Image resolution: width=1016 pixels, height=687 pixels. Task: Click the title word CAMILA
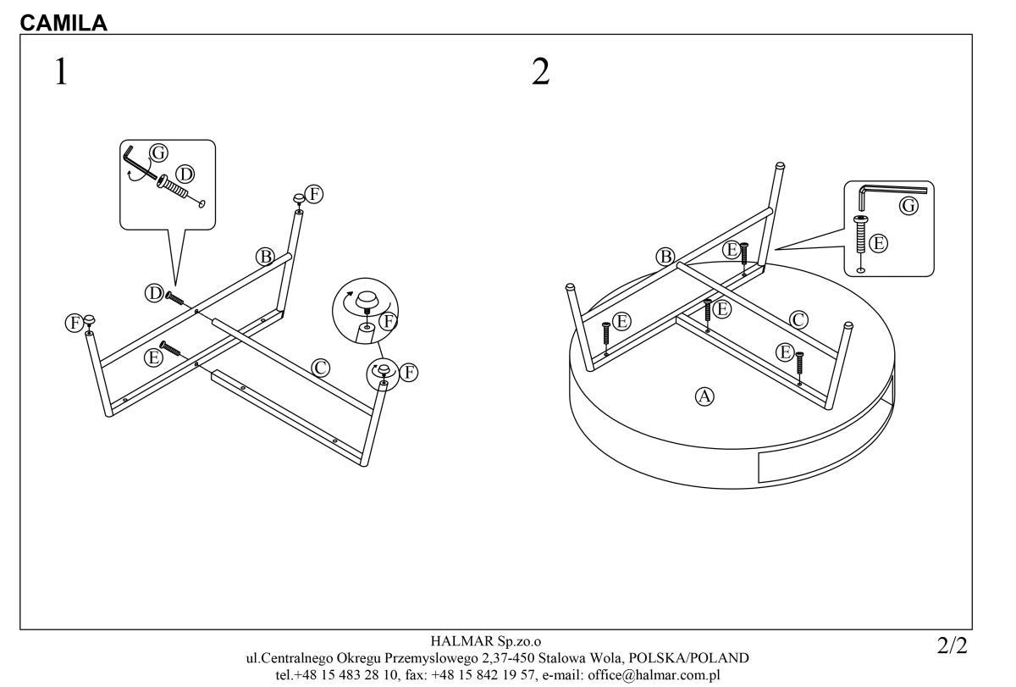coord(63,23)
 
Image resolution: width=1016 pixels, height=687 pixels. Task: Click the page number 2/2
coord(952,647)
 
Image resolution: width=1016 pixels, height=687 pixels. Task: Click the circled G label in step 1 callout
coord(157,152)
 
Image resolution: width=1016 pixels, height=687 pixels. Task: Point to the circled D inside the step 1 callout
coord(185,175)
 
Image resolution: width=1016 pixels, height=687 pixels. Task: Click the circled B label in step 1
coord(266,256)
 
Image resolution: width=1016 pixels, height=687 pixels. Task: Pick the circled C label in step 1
coord(320,368)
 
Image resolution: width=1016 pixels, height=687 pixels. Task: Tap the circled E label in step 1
coord(153,357)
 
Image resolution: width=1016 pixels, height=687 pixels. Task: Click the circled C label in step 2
coord(798,319)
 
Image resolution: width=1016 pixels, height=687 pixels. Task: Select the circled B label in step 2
coord(665,256)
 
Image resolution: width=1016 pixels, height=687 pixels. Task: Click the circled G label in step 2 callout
coord(908,206)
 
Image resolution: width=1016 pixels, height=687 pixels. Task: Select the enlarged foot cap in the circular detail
coord(367,301)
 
